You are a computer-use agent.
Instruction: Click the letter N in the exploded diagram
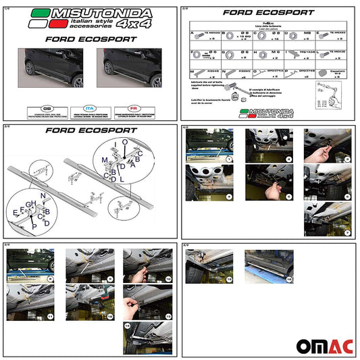click(43, 195)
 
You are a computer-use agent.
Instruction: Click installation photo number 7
click(330, 219)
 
